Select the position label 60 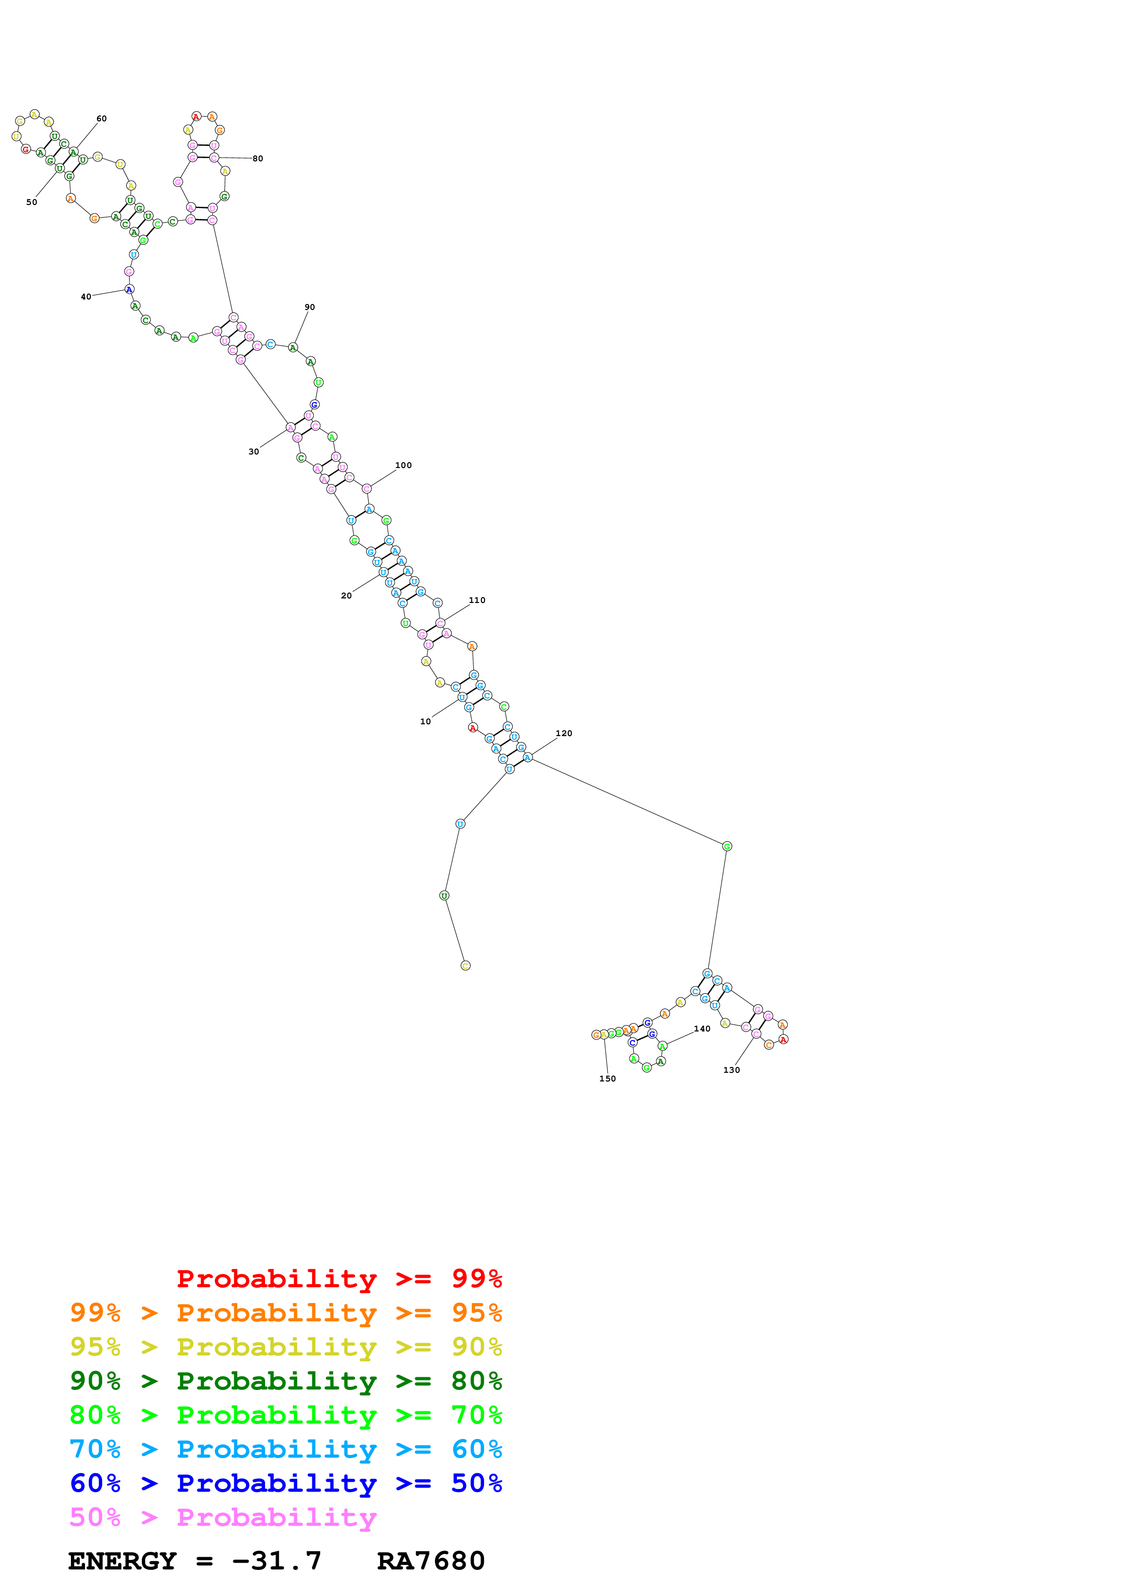point(101,119)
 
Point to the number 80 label point(258,159)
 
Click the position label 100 point(403,465)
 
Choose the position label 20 point(346,596)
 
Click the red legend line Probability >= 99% point(339,1279)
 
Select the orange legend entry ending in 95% point(286,1313)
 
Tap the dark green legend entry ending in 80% point(286,1381)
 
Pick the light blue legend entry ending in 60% point(286,1449)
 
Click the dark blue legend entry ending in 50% point(286,1483)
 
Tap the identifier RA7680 point(431,1561)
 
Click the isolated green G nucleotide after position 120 point(727,846)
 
